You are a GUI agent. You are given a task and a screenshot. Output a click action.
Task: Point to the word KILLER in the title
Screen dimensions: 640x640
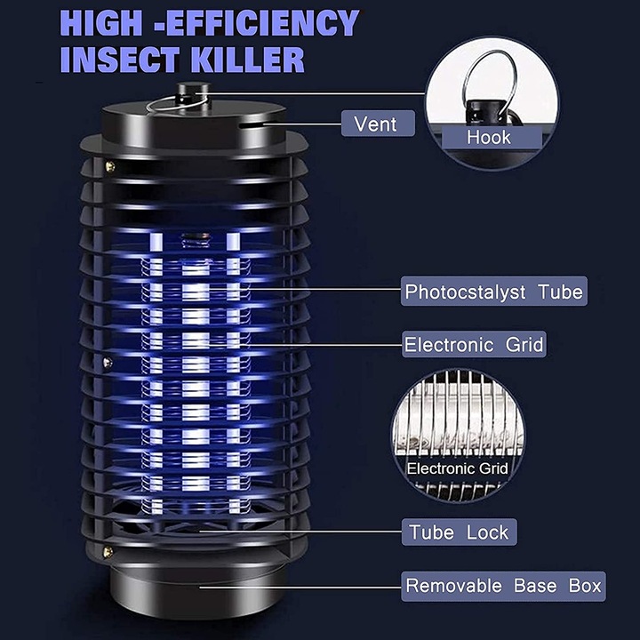coord(257,60)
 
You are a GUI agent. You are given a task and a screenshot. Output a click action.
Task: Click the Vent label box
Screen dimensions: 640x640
coord(377,123)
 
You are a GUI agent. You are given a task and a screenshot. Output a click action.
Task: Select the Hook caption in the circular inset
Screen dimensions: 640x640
coord(489,137)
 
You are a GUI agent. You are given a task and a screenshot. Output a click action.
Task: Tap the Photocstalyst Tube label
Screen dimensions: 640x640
coord(493,292)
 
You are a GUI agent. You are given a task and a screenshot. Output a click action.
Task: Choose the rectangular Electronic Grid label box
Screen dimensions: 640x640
coord(474,345)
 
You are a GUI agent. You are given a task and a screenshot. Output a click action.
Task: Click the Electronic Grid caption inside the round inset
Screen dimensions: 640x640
coord(457,468)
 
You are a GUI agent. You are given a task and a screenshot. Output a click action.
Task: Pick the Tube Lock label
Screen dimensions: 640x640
coord(459,532)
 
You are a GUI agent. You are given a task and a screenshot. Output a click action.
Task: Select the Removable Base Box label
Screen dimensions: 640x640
coord(503,586)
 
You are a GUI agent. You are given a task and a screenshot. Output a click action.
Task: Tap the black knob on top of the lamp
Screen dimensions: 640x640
coord(187,91)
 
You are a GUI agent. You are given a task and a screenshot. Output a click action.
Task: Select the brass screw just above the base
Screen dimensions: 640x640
coord(108,552)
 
